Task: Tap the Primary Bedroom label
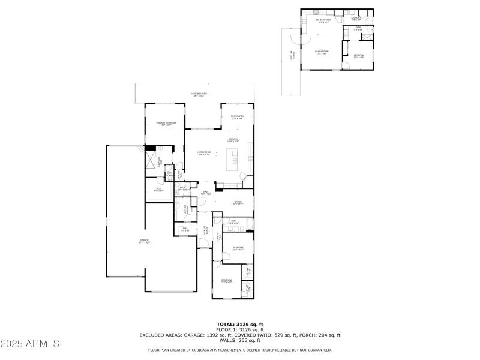(164, 124)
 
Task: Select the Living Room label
(204, 152)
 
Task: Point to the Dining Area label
(237, 117)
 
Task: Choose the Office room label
(238, 203)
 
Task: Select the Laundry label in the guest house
(356, 19)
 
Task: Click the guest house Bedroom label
(358, 56)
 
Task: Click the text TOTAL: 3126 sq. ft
(239, 324)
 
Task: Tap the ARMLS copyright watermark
(30, 344)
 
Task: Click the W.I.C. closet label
(159, 190)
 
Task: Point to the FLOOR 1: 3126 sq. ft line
(239, 329)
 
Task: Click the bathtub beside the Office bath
(248, 223)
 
